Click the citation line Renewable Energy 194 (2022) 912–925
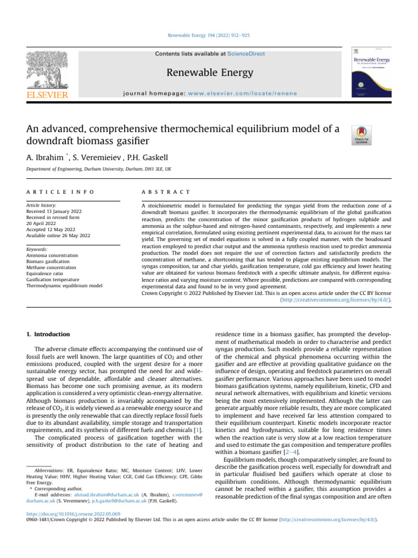208,35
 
